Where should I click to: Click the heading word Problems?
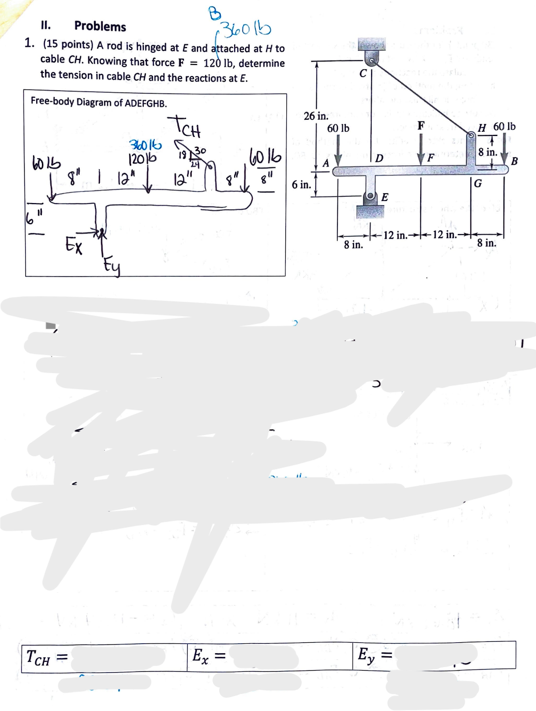coord(100,26)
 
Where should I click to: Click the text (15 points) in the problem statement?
coord(68,44)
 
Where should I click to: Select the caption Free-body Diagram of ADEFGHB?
coord(99,102)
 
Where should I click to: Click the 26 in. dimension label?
coord(315,116)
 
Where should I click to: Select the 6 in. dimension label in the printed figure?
coord(301,184)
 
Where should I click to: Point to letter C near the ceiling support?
coord(363,73)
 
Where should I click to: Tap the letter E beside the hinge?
coord(385,197)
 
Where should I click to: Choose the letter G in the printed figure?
coord(478,183)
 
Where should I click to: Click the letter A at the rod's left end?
coord(326,163)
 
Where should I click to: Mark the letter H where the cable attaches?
coord(482,128)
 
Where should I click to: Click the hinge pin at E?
coord(370,196)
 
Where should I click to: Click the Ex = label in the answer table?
coord(208,656)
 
